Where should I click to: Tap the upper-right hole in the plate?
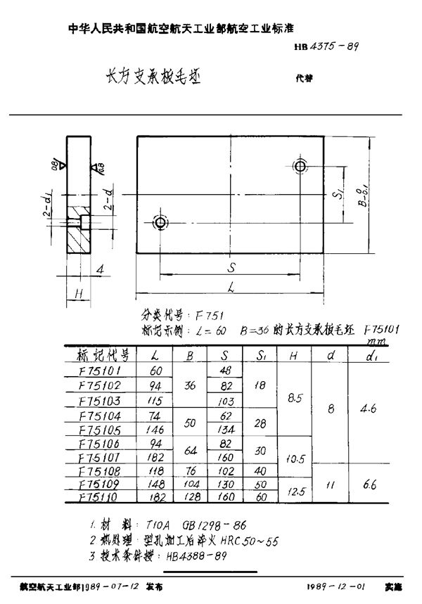(301, 166)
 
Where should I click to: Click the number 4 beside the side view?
(101, 269)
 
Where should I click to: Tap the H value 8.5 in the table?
(295, 397)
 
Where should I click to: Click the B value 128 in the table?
(189, 496)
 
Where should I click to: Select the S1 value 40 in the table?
(260, 470)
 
